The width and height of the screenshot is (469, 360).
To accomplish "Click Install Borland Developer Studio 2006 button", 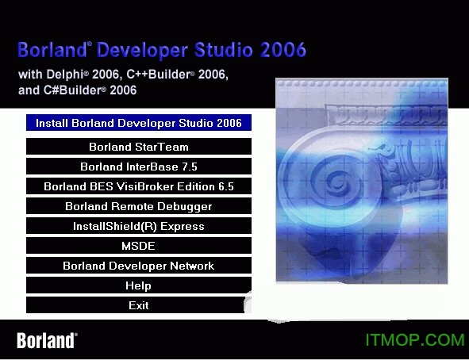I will click(x=139, y=123).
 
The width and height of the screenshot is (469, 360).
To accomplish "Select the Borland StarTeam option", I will click(x=139, y=147).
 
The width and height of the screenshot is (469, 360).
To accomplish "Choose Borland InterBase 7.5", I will click(x=139, y=167).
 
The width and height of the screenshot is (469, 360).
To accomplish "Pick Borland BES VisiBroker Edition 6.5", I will click(x=139, y=186).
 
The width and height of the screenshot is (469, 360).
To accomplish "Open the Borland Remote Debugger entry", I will click(x=139, y=206).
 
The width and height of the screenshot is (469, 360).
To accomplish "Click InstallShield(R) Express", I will click(x=139, y=226).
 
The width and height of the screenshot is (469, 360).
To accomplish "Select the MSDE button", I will click(x=139, y=246).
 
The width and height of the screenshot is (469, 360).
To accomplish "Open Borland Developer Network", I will click(x=139, y=266).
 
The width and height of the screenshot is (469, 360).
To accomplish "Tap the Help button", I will click(x=139, y=285).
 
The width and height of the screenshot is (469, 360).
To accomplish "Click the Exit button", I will click(x=139, y=305).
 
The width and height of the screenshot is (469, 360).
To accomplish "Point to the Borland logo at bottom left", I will click(x=47, y=340).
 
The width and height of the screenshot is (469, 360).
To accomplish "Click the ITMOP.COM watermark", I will click(x=414, y=340).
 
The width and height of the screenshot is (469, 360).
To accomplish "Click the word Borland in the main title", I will click(x=51, y=51).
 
